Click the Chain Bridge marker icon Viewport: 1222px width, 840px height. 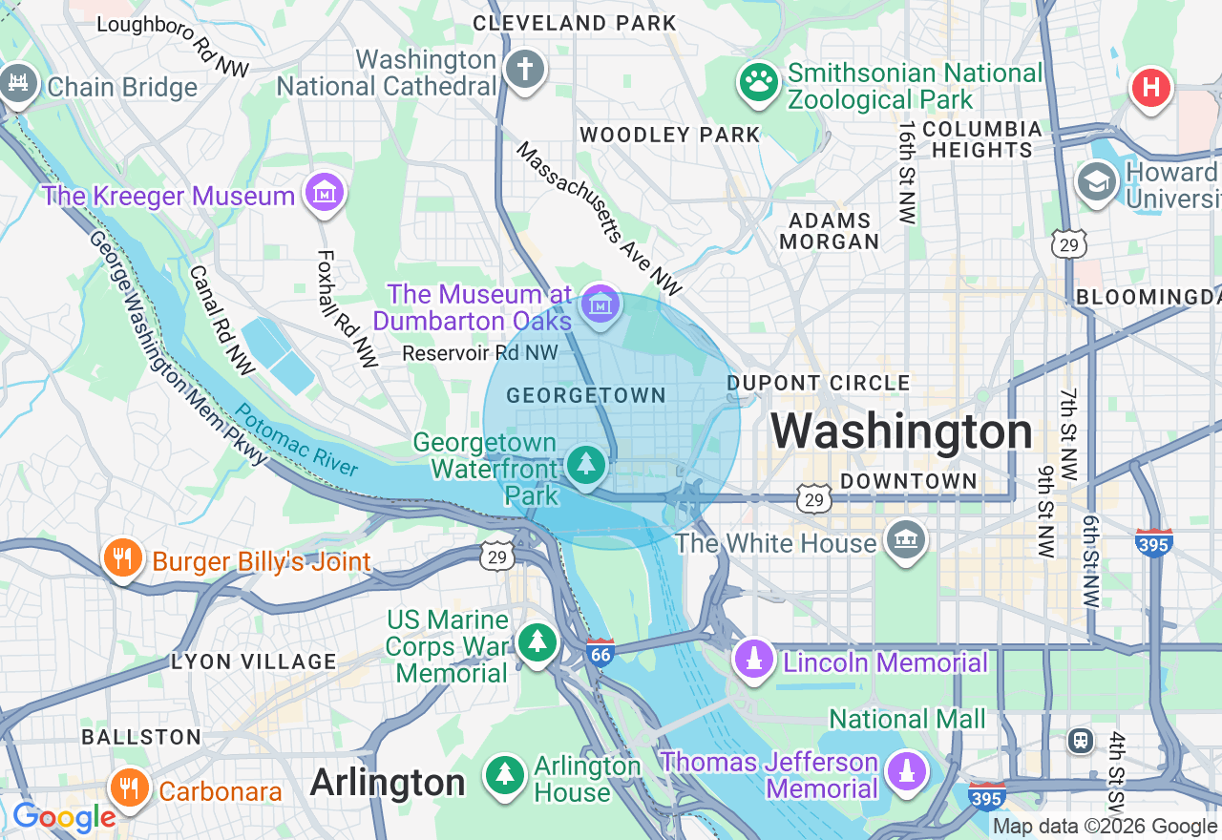[17, 84]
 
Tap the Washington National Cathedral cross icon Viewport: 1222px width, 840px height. [524, 70]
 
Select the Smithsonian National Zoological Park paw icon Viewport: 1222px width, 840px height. [759, 83]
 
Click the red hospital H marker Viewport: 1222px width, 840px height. [1151, 88]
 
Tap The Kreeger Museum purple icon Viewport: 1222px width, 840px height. [325, 193]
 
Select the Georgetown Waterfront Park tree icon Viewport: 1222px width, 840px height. [585, 465]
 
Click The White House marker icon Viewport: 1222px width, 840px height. [905, 540]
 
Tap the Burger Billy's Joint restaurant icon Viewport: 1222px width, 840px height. [122, 558]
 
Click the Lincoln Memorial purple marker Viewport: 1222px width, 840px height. [754, 660]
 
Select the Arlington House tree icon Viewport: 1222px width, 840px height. [504, 774]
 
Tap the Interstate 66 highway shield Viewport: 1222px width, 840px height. [600, 652]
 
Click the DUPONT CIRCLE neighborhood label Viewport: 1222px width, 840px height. [818, 383]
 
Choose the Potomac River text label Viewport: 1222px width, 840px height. [297, 440]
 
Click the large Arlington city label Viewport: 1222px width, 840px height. [388, 783]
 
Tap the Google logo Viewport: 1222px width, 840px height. [63, 817]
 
